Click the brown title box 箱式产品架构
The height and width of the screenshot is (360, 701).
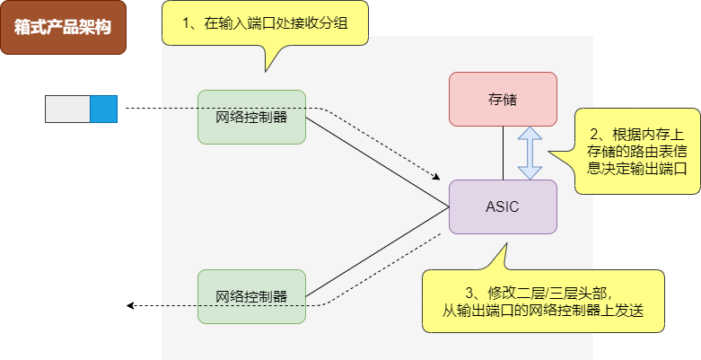click(63, 27)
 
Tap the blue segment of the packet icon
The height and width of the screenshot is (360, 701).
click(104, 109)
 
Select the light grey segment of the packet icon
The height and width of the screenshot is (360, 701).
click(68, 109)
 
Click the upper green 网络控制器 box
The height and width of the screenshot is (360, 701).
click(251, 117)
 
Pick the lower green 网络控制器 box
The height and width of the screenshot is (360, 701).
click(251, 296)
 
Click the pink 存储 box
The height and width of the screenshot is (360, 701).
click(503, 99)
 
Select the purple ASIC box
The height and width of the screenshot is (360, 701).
click(503, 206)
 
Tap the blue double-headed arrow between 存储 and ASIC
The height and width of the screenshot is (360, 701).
click(530, 153)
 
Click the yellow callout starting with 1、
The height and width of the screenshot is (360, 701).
click(266, 25)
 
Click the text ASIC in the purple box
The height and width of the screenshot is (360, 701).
click(503, 206)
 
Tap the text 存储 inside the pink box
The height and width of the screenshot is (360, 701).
click(503, 99)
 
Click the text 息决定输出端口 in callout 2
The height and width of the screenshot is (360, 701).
click(643, 167)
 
